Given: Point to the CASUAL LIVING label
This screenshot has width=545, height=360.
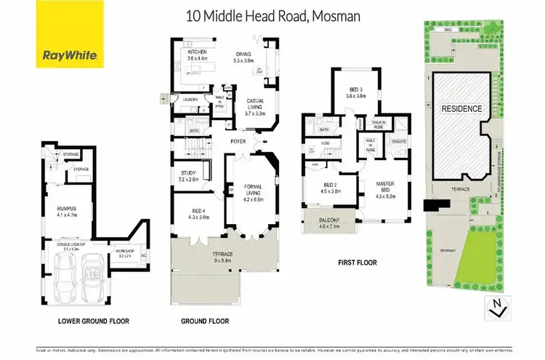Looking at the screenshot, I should pos(254,105).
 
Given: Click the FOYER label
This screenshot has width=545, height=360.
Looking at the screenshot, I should pos(238,141).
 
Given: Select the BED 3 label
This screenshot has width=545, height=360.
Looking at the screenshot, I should pos(356,92).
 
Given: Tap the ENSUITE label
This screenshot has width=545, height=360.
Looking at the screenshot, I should pos(399,140).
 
